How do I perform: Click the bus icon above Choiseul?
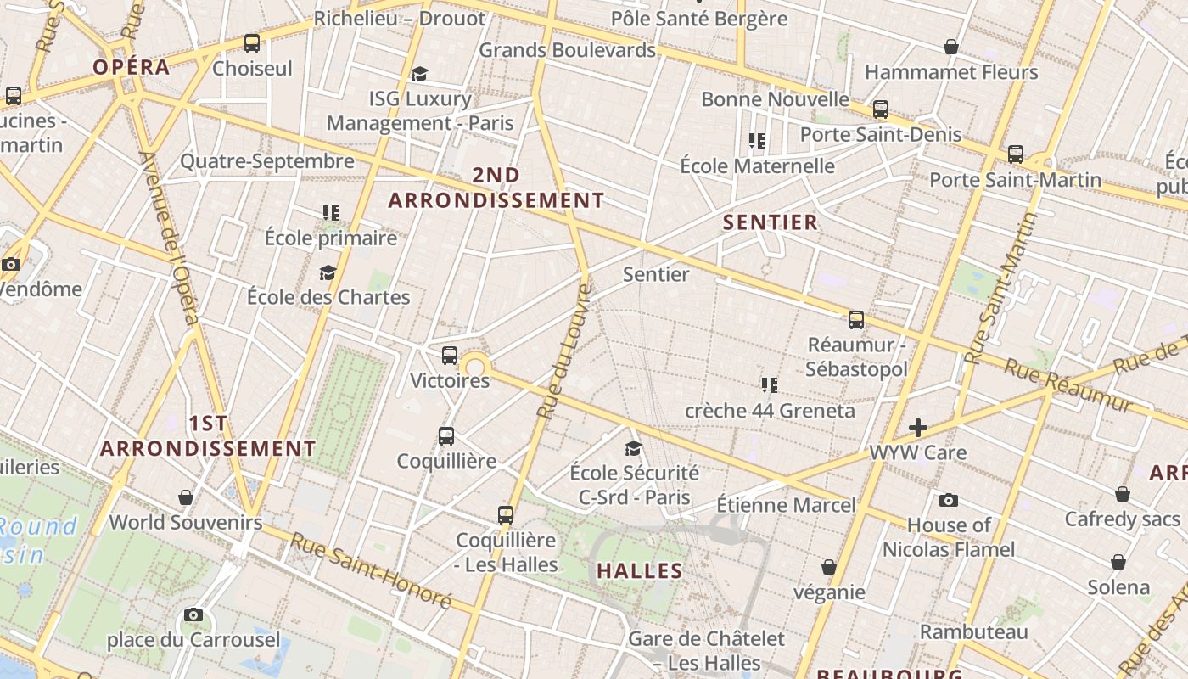[252, 42]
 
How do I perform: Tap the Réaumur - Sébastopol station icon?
[856, 320]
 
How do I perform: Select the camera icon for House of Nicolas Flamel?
[949, 501]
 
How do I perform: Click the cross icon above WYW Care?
[917, 428]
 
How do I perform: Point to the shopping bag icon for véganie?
[829, 567]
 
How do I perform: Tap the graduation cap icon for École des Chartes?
[328, 272]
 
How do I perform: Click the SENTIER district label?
[771, 222]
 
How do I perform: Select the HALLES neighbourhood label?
[640, 570]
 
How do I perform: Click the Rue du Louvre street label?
[563, 351]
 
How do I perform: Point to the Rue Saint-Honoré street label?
[371, 570]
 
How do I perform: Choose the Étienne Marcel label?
[786, 505]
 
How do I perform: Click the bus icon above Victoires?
[450, 356]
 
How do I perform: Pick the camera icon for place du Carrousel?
[193, 614]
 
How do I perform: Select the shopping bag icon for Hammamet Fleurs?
[951, 47]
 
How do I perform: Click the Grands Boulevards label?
[568, 50]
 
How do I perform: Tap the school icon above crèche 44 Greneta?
[770, 385]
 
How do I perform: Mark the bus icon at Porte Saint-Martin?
[1016, 154]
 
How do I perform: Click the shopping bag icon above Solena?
[1118, 562]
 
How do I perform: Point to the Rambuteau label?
[974, 631]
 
